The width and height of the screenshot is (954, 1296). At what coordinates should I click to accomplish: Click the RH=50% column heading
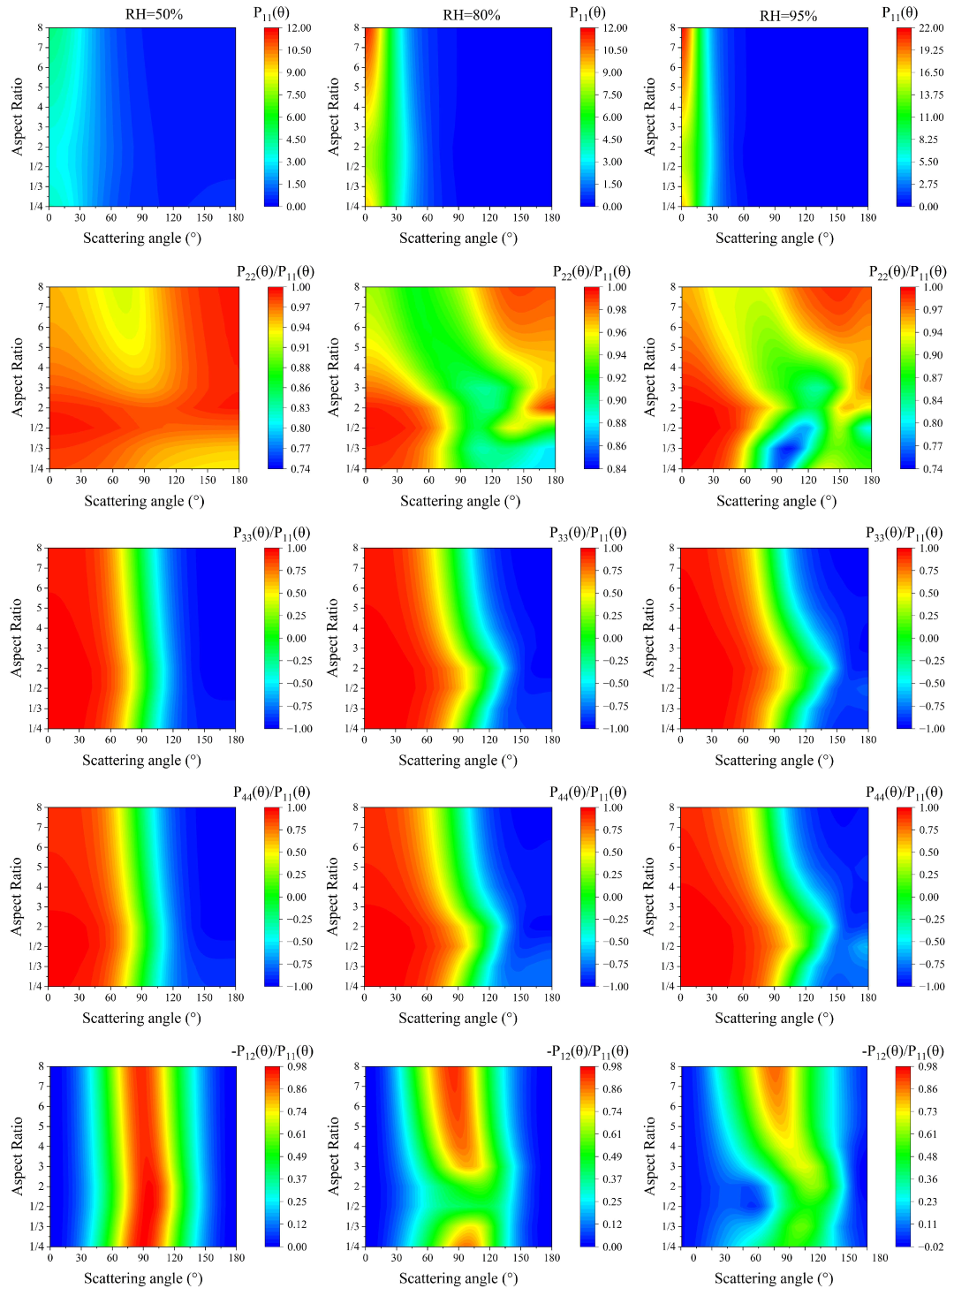point(154,15)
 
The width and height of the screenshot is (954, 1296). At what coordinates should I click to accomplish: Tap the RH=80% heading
point(471,15)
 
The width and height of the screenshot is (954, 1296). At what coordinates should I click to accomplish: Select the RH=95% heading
point(788,16)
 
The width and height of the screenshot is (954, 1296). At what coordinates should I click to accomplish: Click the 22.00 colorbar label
point(931,28)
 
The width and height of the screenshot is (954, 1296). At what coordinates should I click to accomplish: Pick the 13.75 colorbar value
point(931,95)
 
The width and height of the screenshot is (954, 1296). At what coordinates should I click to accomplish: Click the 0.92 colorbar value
point(617,377)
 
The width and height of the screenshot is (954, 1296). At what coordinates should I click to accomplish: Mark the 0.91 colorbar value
point(300,347)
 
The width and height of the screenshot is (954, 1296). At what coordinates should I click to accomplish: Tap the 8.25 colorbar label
point(930,140)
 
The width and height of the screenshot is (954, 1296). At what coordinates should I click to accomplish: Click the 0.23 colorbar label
point(927,1201)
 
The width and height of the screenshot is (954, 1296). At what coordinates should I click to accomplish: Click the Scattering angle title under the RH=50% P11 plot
point(142,239)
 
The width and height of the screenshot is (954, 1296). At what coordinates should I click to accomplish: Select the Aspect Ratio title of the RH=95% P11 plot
point(649,117)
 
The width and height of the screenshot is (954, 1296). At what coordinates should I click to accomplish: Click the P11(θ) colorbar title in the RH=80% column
point(587,12)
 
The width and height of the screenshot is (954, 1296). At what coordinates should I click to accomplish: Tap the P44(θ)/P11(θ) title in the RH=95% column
point(904,792)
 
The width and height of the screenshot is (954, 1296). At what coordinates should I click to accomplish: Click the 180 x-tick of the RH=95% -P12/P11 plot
point(880,1258)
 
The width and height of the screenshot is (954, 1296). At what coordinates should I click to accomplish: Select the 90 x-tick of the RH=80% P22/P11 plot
point(460,481)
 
